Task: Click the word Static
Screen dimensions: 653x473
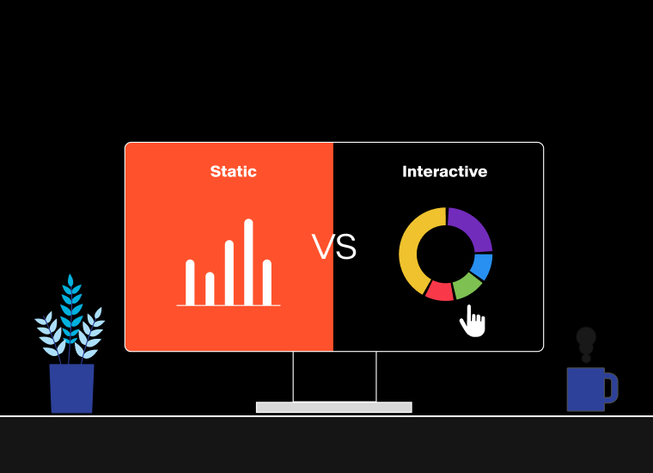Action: [233, 171]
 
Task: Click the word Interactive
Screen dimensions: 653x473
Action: [445, 171]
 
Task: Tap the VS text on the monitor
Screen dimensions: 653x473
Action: [334, 247]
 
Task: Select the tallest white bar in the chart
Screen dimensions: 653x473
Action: [248, 262]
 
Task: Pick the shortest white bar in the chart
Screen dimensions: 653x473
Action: [210, 289]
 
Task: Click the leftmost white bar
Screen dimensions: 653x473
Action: [190, 283]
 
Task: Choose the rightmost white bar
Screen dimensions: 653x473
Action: [267, 283]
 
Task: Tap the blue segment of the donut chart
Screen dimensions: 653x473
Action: [482, 267]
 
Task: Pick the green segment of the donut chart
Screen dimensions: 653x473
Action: [467, 286]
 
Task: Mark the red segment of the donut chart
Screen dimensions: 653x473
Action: [440, 292]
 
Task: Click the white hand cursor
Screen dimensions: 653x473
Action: [473, 322]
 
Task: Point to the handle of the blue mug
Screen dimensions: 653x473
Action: [612, 388]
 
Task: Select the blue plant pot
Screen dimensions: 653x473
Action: [71, 389]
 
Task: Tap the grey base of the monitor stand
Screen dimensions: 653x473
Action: [334, 407]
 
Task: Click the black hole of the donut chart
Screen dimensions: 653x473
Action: [446, 254]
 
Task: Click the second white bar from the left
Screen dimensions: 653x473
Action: [210, 289]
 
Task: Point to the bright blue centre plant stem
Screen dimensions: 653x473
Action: [70, 316]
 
